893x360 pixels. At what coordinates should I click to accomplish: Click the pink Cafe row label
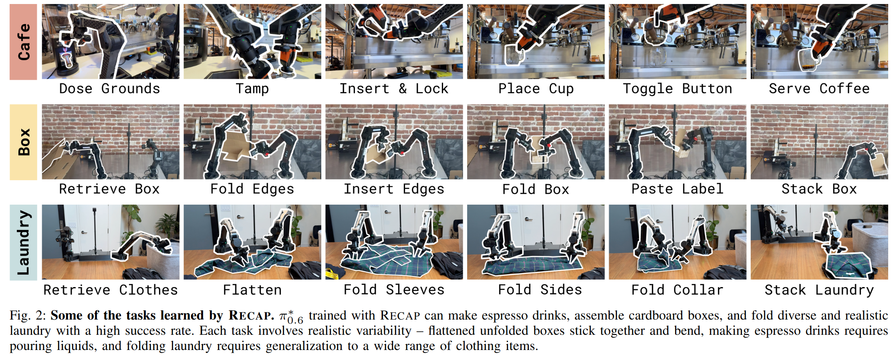coord(23,42)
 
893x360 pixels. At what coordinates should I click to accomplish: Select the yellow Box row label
coord(23,142)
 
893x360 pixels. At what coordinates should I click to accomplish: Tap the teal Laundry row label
coord(23,242)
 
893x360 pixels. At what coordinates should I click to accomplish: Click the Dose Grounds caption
coord(109,88)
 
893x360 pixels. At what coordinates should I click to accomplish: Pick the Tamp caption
coord(252,88)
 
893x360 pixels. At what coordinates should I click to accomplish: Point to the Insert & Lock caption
coord(394,88)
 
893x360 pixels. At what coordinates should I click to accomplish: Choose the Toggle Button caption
coord(677,88)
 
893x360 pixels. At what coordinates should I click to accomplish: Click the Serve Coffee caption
coord(819,88)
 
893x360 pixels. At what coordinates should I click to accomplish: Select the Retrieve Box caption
coord(109,189)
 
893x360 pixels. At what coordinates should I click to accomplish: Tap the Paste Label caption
coord(677,189)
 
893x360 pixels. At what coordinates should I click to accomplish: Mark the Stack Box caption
coord(819,189)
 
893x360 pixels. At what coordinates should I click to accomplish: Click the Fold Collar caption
coord(677,290)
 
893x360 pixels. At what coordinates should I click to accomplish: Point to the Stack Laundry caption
coord(819,290)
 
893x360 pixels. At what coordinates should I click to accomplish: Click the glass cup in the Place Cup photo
coord(512,56)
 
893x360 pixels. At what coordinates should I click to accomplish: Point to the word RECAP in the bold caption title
coord(251,316)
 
